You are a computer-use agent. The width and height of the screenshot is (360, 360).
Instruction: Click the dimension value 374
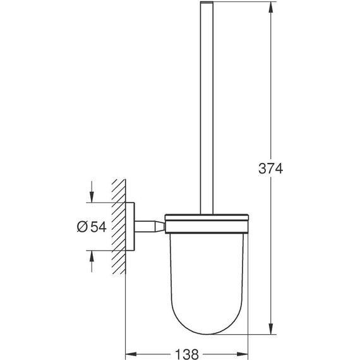[x=271, y=169]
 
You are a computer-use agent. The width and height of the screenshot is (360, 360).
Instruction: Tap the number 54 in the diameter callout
[x=97, y=226]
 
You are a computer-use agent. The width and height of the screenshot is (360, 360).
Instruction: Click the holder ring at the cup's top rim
[x=208, y=221]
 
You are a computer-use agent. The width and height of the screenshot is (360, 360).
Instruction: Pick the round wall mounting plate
[x=131, y=226]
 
